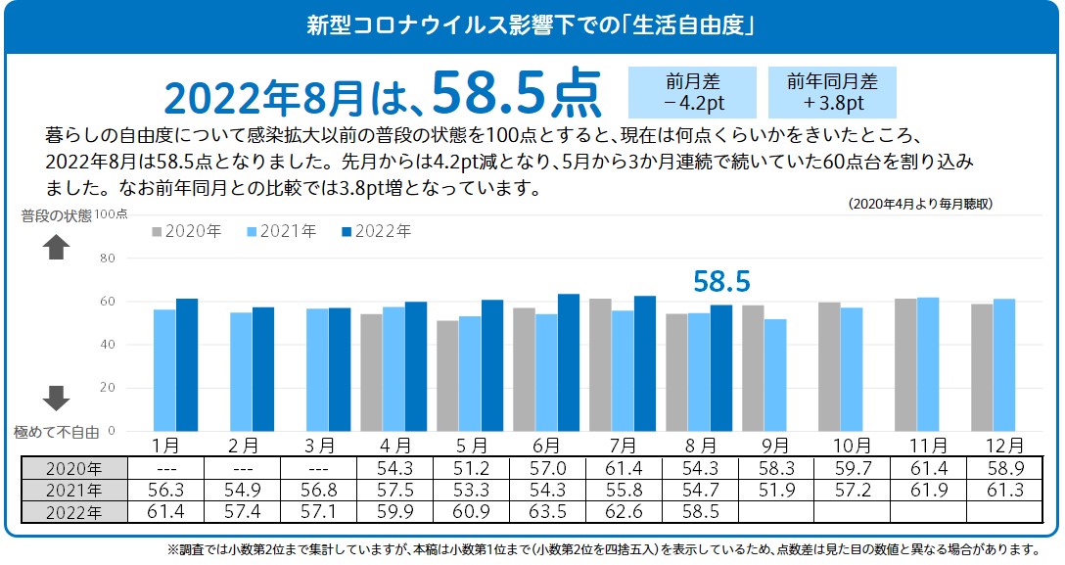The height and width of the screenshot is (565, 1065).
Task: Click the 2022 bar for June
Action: click(569, 362)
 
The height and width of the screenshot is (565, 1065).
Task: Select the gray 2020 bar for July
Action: click(600, 364)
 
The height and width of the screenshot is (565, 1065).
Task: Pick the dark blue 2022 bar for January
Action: click(187, 364)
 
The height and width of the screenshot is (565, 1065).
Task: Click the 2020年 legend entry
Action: click(186, 232)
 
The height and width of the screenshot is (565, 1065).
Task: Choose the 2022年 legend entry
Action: click(376, 232)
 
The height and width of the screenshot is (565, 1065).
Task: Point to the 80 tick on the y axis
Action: click(109, 259)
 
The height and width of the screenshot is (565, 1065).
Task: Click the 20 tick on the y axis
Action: click(109, 388)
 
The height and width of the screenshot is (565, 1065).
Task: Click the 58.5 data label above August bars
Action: click(721, 282)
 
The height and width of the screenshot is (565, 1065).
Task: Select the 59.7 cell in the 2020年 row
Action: click(853, 467)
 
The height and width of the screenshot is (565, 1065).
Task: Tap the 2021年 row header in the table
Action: click(73, 489)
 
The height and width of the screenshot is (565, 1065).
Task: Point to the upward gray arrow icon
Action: click(56, 249)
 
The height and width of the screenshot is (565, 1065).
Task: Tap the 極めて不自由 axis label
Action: click(56, 431)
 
